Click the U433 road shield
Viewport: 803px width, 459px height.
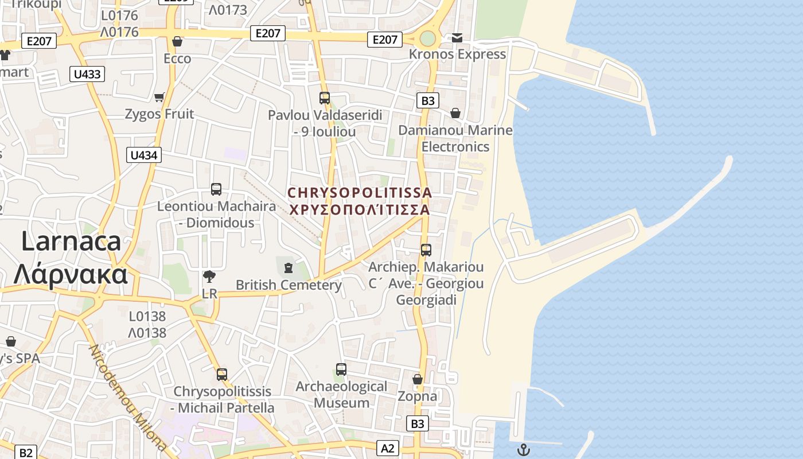point(87,74)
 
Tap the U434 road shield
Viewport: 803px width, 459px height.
point(143,155)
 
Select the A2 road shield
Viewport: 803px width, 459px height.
point(388,448)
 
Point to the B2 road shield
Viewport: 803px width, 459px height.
point(26,453)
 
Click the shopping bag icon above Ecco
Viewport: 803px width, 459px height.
point(177,42)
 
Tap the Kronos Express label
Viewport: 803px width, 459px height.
point(457,55)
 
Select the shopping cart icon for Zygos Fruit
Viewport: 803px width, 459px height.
point(159,97)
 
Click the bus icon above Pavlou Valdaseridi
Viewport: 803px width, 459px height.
point(325,98)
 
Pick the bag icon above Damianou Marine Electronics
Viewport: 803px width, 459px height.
point(455,113)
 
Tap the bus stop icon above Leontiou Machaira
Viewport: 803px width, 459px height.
point(216,189)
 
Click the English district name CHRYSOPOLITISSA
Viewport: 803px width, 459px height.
point(360,193)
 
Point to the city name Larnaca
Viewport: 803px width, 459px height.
point(71,241)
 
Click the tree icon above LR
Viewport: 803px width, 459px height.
point(209,277)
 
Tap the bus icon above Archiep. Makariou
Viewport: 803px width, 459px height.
point(426,250)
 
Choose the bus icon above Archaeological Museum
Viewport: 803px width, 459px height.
point(341,369)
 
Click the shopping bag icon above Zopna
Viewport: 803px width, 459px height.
point(418,379)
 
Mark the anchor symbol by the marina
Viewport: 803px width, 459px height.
point(523,450)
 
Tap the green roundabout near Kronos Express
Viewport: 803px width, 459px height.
point(428,39)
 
